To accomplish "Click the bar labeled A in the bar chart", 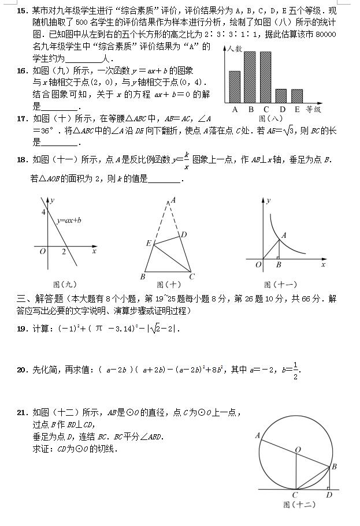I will pyautogui.click(x=235, y=87).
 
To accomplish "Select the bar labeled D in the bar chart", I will pyautogui.click(x=281, y=96).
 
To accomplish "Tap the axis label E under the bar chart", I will pyautogui.click(x=297, y=109).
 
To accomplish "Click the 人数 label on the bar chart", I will pyautogui.click(x=235, y=50).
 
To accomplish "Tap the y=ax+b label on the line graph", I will pyautogui.click(x=69, y=220).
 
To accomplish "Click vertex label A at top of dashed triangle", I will pyautogui.click(x=173, y=200).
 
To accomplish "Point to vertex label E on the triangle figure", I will pyautogui.click(x=148, y=244).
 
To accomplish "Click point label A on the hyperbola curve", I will pyautogui.click(x=284, y=235).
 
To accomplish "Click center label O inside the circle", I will pyautogui.click(x=298, y=448).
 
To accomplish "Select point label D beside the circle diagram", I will pyautogui.click(x=329, y=495).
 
